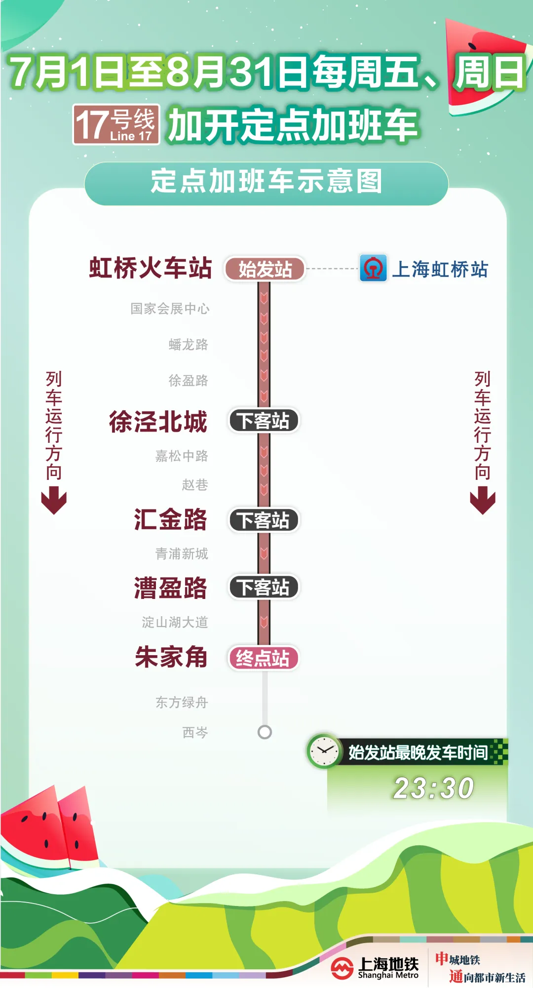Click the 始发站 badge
[265, 270]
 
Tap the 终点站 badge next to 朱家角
[264, 658]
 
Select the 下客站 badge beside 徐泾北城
[264, 421]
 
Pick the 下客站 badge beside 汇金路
[264, 520]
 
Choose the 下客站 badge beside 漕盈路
[264, 587]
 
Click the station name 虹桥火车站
[151, 268]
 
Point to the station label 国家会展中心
[170, 309]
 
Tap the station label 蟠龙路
[189, 344]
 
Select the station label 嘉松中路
[182, 456]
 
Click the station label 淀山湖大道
[175, 622]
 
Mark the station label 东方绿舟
[182, 702]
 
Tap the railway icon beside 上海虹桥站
[373, 268]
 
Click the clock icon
[324, 751]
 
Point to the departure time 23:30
[433, 788]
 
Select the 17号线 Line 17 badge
[116, 124]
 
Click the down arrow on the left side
[54, 500]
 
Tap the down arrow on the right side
[483, 500]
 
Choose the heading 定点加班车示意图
[266, 181]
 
